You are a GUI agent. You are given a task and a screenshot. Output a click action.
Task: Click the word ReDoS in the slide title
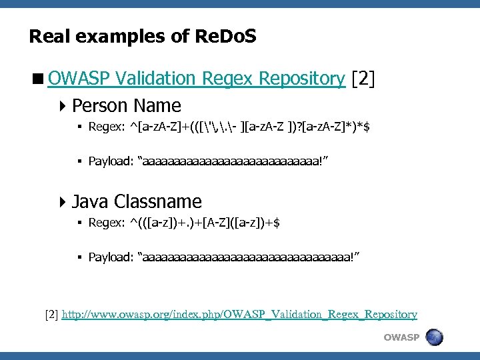pos(226,36)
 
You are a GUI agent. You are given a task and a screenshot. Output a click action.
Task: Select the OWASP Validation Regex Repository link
pos(196,79)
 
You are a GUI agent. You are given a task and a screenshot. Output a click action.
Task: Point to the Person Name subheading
pos(127,105)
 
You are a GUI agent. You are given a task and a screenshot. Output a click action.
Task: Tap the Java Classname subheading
pos(137,201)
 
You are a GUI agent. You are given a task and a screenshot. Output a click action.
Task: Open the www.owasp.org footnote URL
pos(239,314)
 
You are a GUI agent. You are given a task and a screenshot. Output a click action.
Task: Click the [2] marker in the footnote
pos(51,314)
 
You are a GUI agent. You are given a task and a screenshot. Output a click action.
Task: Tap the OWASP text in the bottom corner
pos(401,337)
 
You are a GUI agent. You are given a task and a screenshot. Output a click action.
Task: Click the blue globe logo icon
pos(434,337)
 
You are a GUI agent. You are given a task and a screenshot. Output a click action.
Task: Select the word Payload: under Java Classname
pos(109,257)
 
